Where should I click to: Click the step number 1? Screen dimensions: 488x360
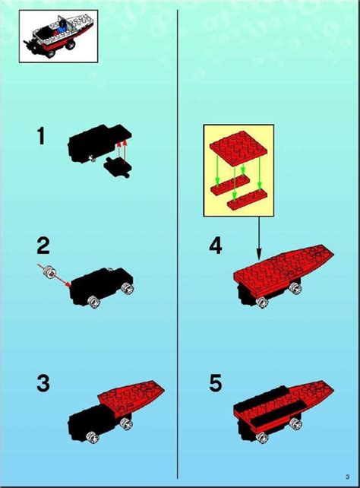42,138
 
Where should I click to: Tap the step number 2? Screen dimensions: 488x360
43,246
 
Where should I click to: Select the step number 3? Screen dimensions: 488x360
43,384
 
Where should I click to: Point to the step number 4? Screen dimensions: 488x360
216,246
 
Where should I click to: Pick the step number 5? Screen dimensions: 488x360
216,384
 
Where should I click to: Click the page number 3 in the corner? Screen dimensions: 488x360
346,477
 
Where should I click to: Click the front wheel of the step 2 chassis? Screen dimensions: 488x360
94,303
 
